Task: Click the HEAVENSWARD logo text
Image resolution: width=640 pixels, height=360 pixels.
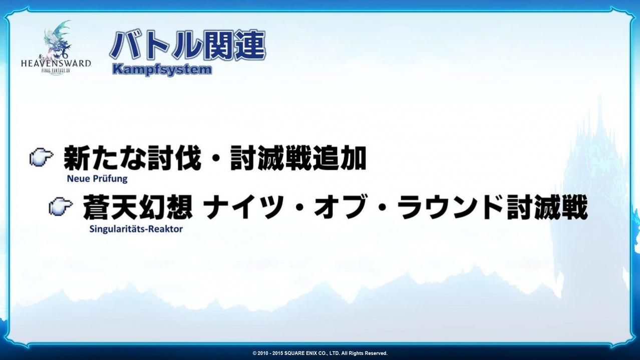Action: pos(56,63)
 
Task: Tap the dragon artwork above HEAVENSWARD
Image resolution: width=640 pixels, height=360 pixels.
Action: pos(58,40)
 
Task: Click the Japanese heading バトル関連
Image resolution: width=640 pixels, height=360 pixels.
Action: pos(188,46)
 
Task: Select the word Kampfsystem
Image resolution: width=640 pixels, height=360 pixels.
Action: pos(162,70)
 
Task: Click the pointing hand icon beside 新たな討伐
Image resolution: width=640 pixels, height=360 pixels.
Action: pos(41,157)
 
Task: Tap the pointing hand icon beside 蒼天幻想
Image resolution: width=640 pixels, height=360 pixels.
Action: pos(61,206)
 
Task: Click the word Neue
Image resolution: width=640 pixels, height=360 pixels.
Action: pos(77,179)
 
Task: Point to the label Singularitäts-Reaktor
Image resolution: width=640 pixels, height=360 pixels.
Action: pos(136,229)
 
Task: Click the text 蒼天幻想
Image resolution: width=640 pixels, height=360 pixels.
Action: pos(138,207)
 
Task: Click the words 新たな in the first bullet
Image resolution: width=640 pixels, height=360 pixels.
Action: pos(102,158)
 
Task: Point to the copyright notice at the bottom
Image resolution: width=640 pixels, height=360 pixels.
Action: pos(320,353)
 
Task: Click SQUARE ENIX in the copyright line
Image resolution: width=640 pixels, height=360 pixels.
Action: pos(309,353)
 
